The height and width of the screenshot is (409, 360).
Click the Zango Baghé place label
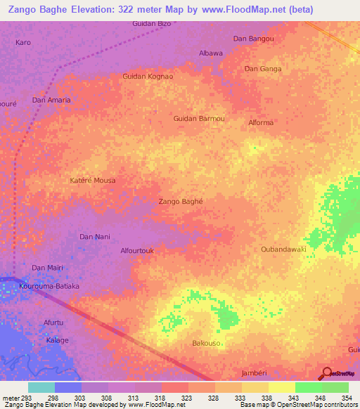pyautogui.click(x=181, y=201)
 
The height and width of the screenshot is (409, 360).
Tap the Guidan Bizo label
pyautogui.click(x=152, y=24)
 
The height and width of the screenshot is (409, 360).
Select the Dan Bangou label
pyautogui.click(x=253, y=38)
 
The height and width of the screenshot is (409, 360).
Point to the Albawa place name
pyautogui.click(x=211, y=53)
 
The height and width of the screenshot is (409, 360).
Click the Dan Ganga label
pyautogui.click(x=262, y=69)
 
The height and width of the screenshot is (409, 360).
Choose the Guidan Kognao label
pyautogui.click(x=148, y=76)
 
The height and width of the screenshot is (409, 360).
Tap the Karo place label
pyautogui.click(x=23, y=43)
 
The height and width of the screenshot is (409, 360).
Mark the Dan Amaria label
pyautogui.click(x=51, y=100)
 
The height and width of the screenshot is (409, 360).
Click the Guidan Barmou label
pyautogui.click(x=199, y=119)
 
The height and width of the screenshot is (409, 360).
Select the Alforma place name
pyautogui.click(x=261, y=123)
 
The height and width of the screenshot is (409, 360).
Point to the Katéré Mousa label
pyautogui.click(x=92, y=181)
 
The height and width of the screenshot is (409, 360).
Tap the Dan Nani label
pyautogui.click(x=95, y=237)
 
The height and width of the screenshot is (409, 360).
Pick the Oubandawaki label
pyautogui.click(x=283, y=249)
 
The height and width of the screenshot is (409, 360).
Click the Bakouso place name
pyautogui.click(x=207, y=343)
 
